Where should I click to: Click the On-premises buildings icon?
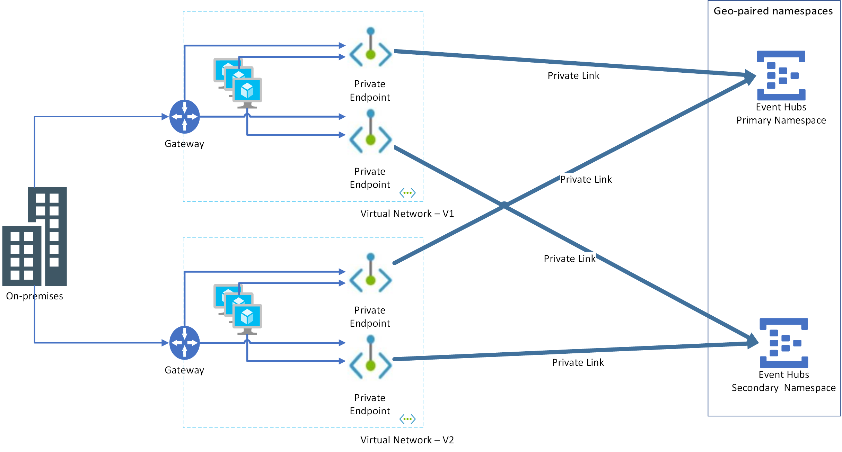click(35, 237)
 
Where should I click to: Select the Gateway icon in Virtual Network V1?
click(184, 117)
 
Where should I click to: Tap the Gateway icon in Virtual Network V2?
click(184, 343)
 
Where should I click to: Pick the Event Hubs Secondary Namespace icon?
click(783, 343)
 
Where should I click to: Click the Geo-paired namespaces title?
click(773, 11)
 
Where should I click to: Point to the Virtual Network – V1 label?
click(407, 214)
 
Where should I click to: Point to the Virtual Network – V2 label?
click(407, 440)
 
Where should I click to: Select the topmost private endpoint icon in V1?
click(370, 48)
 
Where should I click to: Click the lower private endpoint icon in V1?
click(370, 133)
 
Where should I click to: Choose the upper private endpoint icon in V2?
click(370, 274)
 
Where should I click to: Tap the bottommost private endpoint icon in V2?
click(370, 359)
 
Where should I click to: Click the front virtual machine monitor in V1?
click(247, 91)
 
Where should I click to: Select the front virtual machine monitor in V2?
click(247, 317)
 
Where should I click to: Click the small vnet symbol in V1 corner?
click(407, 193)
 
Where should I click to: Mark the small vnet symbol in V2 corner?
click(407, 419)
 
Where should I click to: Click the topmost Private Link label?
click(573, 75)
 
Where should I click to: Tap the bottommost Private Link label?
click(578, 362)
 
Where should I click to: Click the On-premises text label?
click(35, 296)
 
